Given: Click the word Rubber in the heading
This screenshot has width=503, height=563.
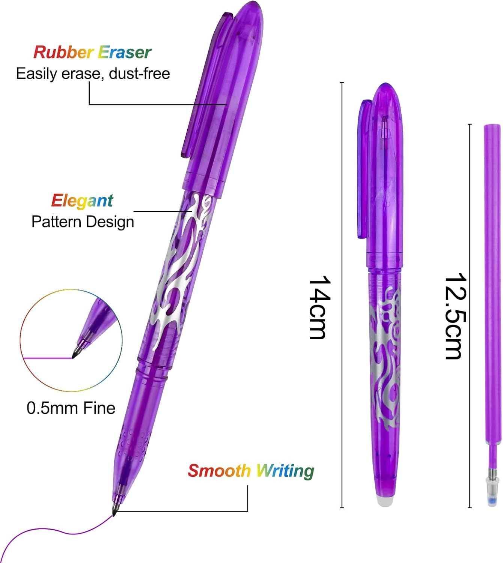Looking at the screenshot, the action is click(63, 52).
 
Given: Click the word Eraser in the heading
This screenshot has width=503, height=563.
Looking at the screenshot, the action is click(125, 52).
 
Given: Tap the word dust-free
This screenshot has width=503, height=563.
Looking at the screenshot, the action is click(139, 74).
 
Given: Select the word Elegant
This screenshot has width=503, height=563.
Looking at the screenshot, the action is click(82, 201).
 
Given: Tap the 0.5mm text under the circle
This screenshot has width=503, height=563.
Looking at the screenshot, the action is click(52, 408).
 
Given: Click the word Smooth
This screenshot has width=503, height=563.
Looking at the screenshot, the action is click(219, 471).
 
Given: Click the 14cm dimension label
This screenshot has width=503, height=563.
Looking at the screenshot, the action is click(320, 307).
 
